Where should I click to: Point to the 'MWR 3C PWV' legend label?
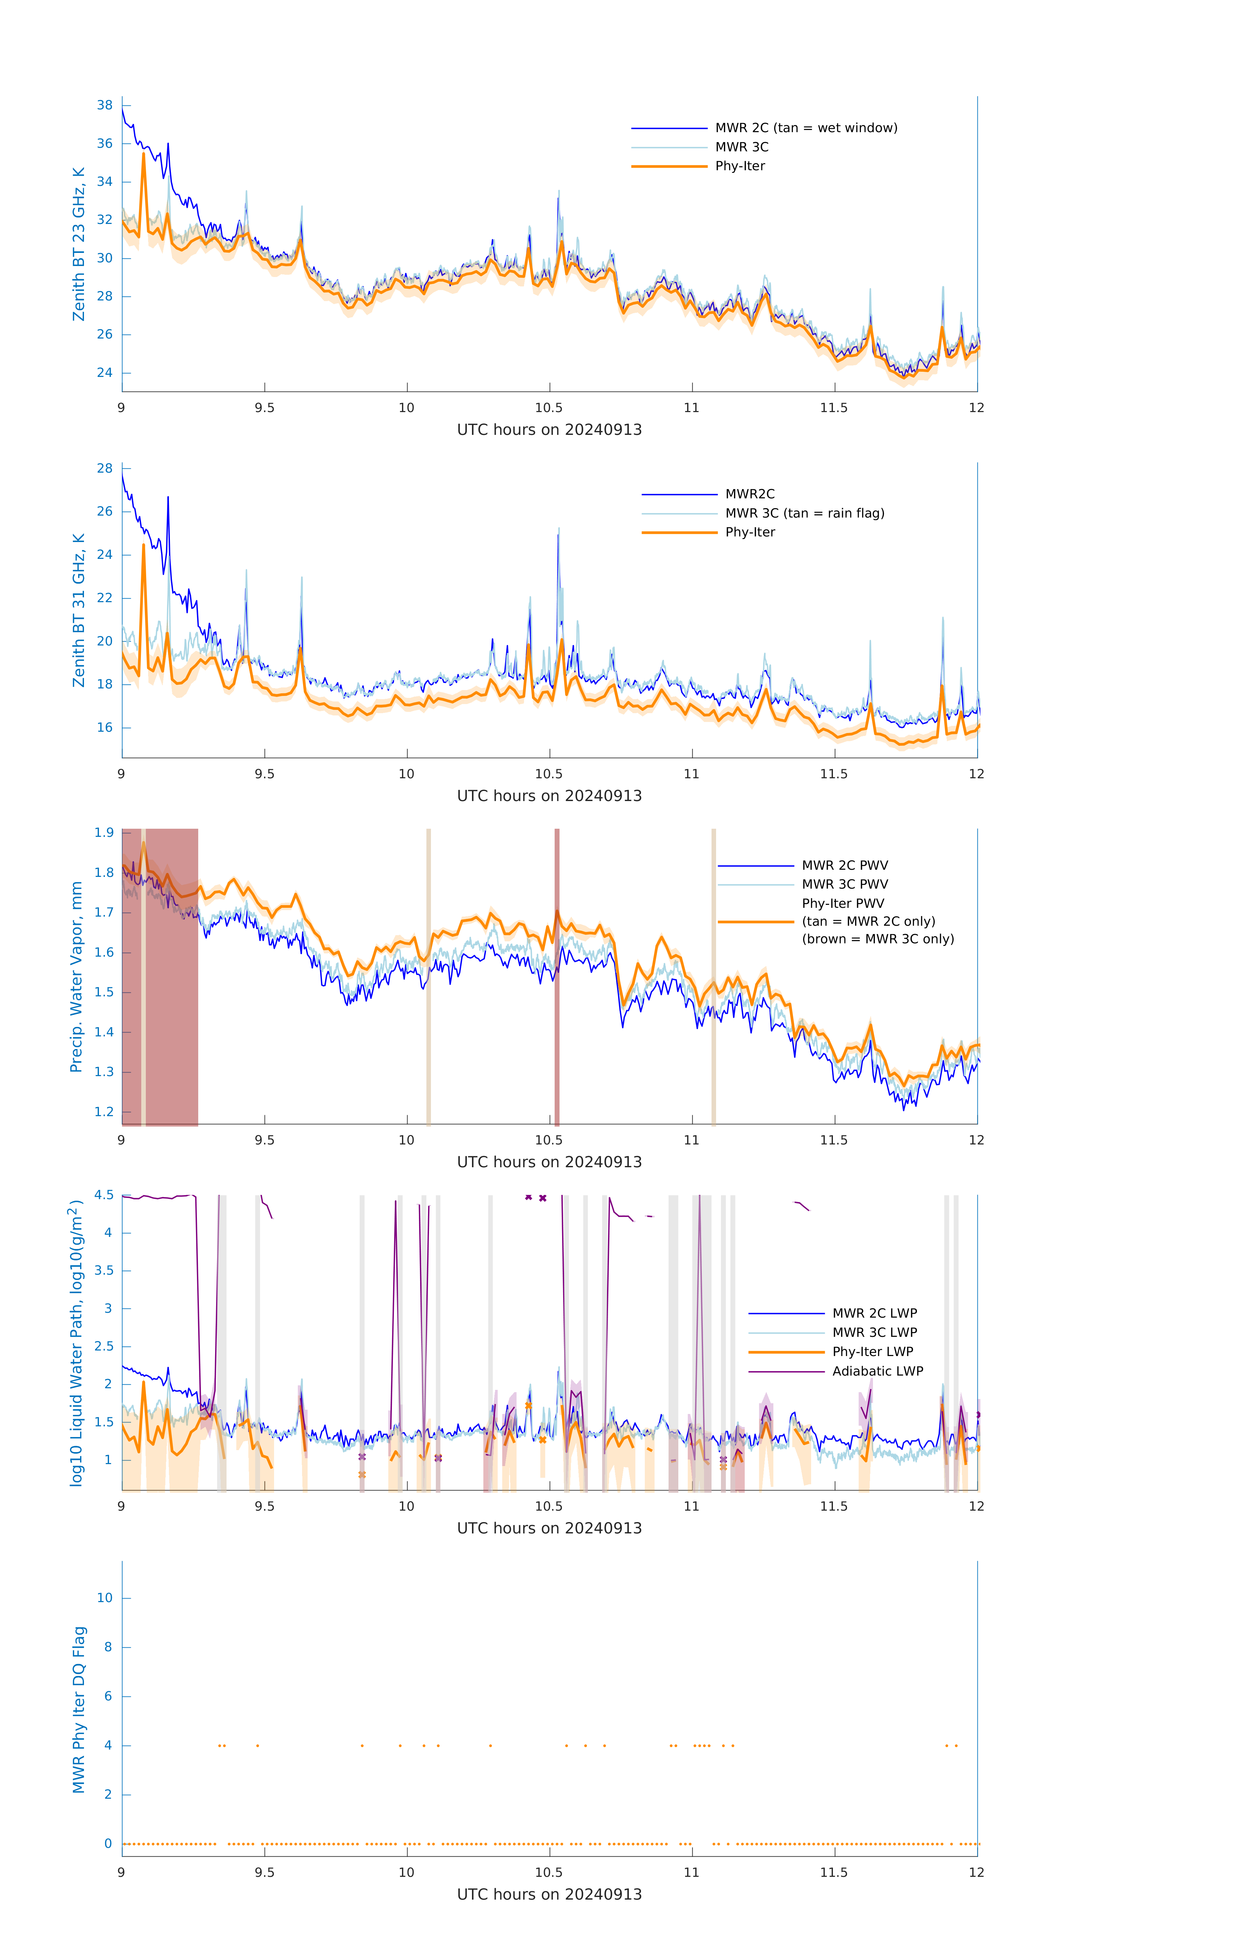pos(844,884)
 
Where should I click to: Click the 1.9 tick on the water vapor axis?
pos(104,833)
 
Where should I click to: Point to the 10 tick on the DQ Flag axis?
pos(104,1598)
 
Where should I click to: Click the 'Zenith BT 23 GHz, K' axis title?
pos(79,244)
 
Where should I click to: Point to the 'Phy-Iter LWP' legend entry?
pos(872,1351)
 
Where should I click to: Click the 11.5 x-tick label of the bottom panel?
pos(834,1872)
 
